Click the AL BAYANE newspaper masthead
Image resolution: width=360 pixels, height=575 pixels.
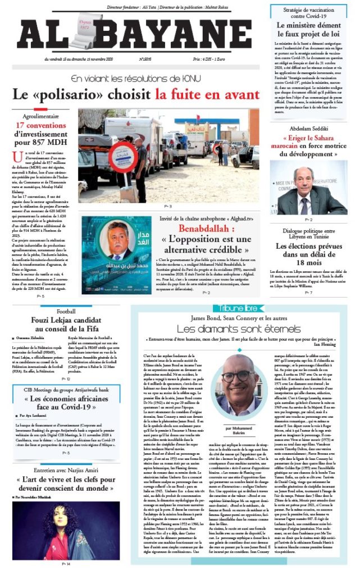(135, 33)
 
